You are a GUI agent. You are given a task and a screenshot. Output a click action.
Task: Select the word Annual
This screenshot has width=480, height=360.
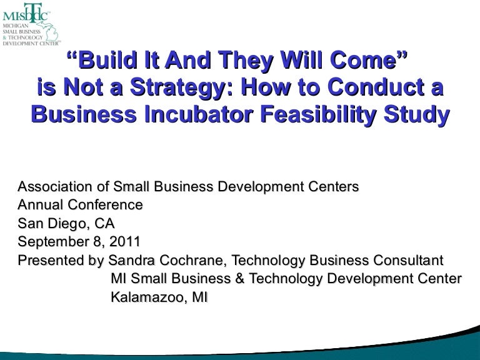39,204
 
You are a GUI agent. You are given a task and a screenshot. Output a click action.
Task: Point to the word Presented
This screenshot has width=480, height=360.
49,259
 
